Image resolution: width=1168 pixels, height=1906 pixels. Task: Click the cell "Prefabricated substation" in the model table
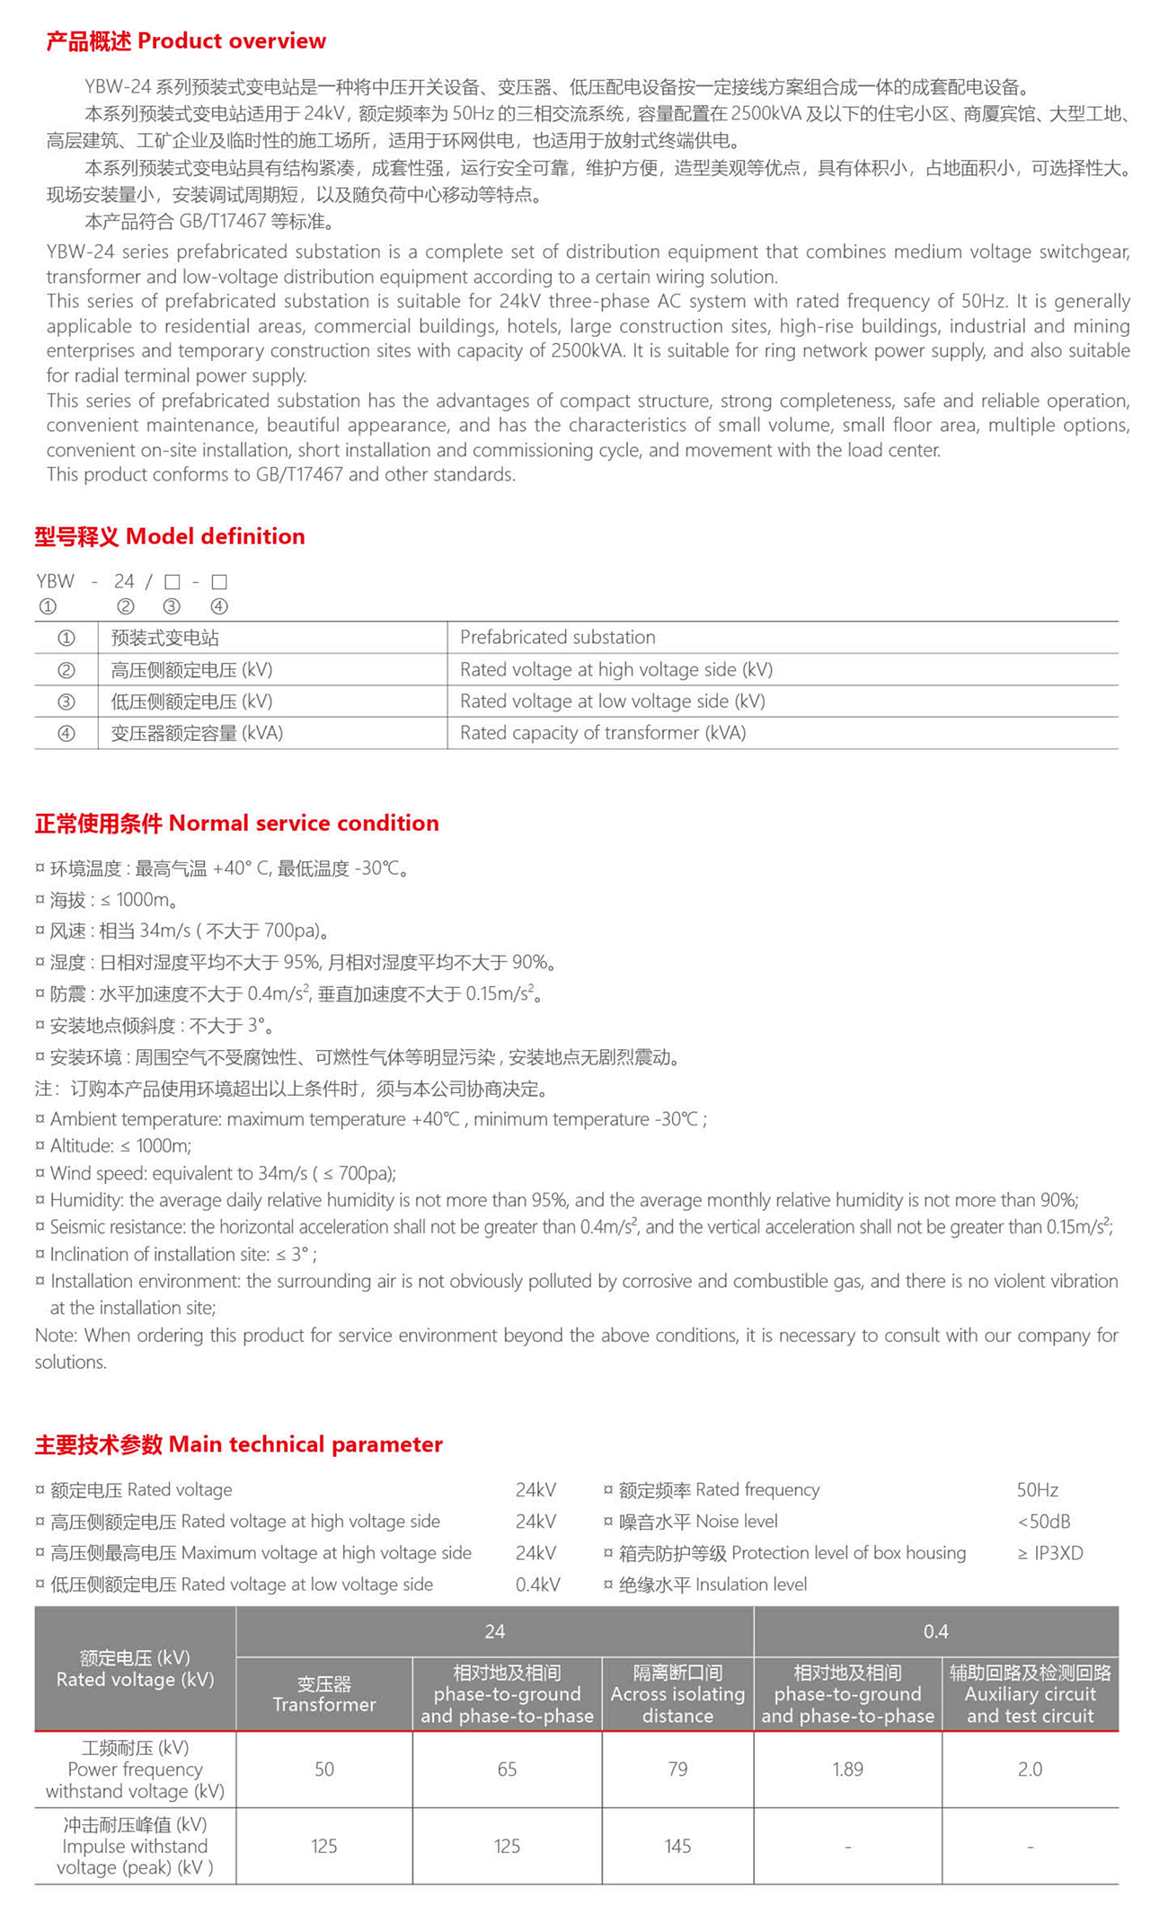[x=557, y=638]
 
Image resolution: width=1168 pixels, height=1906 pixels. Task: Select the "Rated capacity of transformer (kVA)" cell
[x=603, y=733]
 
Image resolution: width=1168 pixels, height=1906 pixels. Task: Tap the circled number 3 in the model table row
[x=66, y=702]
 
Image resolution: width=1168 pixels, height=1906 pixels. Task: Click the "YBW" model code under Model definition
[x=56, y=582]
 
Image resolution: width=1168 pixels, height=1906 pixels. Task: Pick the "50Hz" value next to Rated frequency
[x=1037, y=1490]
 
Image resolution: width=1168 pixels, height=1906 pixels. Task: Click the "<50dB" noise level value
[x=1043, y=1522]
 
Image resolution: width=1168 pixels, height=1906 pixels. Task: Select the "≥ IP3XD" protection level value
[x=1049, y=1553]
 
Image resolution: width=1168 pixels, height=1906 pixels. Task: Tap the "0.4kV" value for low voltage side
[x=537, y=1584]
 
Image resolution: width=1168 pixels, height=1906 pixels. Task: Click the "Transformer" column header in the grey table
[x=323, y=1694]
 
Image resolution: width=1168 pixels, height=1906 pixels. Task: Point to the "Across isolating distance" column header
[x=677, y=1694]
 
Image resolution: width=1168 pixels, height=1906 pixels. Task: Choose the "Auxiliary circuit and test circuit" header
[x=1030, y=1694]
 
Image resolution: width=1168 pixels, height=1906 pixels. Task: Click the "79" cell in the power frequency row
[x=677, y=1769]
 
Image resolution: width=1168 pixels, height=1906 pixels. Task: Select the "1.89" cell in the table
[x=847, y=1769]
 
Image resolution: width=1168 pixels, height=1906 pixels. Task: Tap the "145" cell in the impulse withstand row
[x=677, y=1846]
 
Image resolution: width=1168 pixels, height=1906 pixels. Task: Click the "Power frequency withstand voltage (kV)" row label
[x=135, y=1769]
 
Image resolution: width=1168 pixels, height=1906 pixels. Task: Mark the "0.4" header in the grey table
[x=935, y=1631]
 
